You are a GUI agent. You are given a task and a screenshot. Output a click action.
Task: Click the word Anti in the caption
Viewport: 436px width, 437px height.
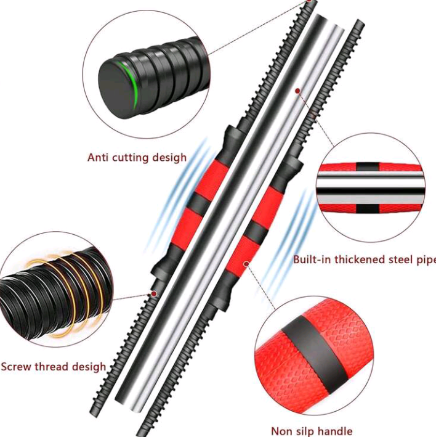coord(98,157)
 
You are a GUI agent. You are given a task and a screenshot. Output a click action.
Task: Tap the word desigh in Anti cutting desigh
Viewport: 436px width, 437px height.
coord(166,158)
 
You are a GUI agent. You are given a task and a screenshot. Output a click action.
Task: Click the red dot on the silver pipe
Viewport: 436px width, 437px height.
coord(297,91)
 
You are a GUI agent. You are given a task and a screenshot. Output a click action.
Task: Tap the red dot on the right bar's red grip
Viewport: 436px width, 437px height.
coord(246,264)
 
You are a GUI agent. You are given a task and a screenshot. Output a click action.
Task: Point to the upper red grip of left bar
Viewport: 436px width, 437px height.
coord(213,179)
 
